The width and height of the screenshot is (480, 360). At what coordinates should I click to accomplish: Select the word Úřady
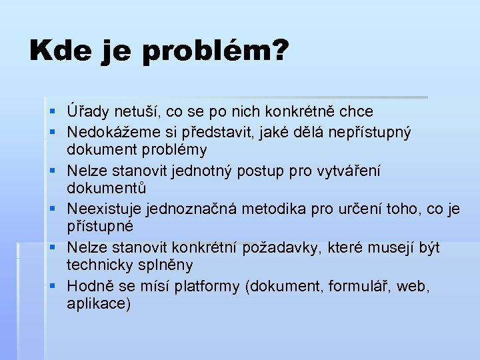(86, 111)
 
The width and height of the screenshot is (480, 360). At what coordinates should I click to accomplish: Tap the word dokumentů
(106, 189)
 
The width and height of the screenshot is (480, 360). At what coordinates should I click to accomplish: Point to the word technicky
(98, 265)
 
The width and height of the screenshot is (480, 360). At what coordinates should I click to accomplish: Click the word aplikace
(99, 304)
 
